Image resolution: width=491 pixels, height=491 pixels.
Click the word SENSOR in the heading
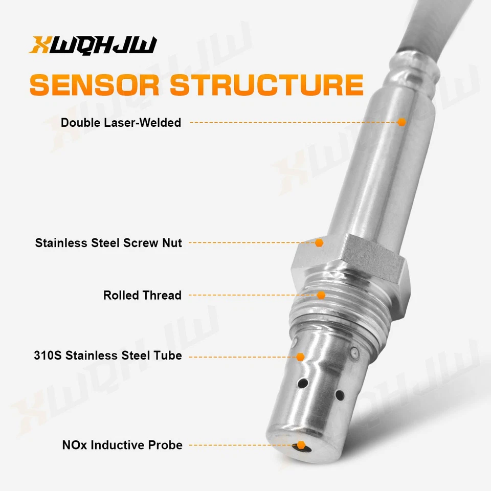[x=95, y=85]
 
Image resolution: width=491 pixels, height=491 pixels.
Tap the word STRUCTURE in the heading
[x=266, y=85]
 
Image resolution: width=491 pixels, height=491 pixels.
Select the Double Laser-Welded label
[x=121, y=123]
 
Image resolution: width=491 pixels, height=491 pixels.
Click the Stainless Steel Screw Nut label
[x=108, y=243]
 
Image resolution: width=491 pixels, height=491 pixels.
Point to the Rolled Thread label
[x=142, y=296]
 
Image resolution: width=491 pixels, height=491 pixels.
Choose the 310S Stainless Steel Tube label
[x=108, y=355]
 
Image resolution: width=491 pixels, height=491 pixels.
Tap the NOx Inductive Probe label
[x=122, y=445]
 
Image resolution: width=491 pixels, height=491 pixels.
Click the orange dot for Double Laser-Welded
[x=401, y=122]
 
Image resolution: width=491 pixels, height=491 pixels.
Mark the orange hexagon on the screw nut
[x=319, y=243]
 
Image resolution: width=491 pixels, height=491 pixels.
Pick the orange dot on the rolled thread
[x=321, y=295]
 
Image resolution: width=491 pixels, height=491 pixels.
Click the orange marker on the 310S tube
[x=300, y=356]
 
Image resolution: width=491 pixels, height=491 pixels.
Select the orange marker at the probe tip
[x=301, y=445]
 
